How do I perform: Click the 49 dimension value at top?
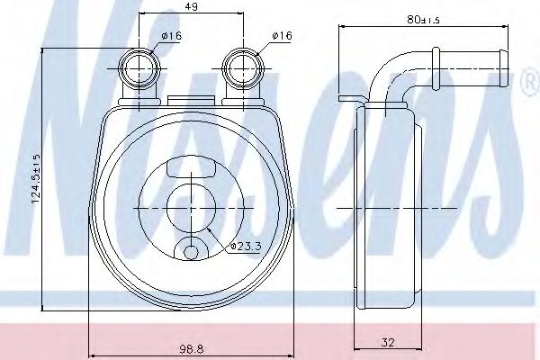(x=191, y=6)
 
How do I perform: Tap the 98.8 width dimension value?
(x=192, y=349)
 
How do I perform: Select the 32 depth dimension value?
(x=388, y=342)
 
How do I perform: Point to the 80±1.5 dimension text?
(x=423, y=20)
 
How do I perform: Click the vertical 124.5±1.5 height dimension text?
(x=36, y=178)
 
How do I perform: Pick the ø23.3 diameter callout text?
(x=247, y=247)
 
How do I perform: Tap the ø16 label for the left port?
(x=172, y=35)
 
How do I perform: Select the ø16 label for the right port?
(x=282, y=35)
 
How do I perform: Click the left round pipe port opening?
(x=139, y=69)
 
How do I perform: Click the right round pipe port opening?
(x=244, y=69)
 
